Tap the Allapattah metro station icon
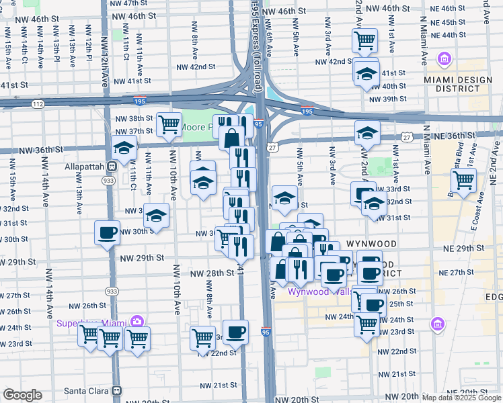coord(113,166)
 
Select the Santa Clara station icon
coord(117,390)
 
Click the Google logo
coord(22,395)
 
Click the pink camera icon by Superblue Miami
coord(138,322)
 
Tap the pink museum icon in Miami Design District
coord(443,60)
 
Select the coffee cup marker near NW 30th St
coord(108,233)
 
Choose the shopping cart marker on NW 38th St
coord(169,124)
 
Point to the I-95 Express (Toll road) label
coord(256,40)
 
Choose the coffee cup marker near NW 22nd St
coord(235,332)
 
